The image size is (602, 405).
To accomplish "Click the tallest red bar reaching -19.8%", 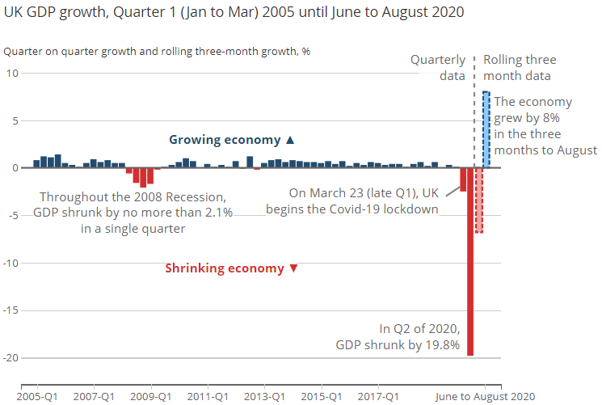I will coord(470,267).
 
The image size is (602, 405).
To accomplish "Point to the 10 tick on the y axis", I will coord(12,74).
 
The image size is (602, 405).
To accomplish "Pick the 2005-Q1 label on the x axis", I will coord(38,397).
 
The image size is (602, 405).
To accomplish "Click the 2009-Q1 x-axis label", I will coord(151,397).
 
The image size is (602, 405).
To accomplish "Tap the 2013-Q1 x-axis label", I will coord(265,397).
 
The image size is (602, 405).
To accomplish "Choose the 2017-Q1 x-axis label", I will coord(378,397).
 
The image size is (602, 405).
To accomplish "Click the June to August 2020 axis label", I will coord(485,397).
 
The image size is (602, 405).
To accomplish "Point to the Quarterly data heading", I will coord(438,68).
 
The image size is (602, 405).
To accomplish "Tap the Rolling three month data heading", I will coord(520,68).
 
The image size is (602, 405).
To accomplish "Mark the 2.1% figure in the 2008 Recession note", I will coord(216,213).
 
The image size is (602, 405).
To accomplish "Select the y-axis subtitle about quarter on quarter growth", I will coord(157,51).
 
